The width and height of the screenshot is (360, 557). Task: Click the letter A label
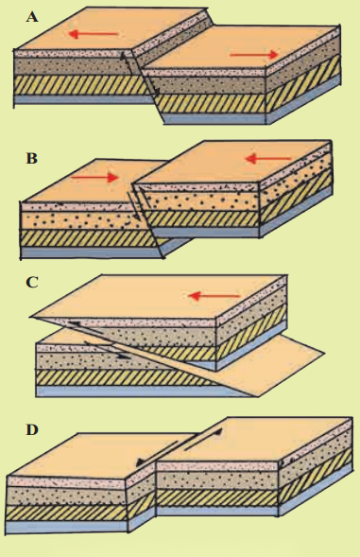coord(32,17)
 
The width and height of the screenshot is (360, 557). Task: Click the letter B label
coord(31,158)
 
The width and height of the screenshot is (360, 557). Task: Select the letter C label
coord(32,283)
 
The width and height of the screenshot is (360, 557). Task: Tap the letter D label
coord(32,430)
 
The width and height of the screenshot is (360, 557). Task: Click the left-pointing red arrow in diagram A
coord(93,34)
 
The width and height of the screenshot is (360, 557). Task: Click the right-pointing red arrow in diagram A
coord(254,55)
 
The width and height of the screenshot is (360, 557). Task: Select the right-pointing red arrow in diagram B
coord(94,177)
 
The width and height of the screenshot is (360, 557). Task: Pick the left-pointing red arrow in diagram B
coord(268,159)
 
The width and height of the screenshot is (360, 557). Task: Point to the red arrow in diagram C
coord(214,296)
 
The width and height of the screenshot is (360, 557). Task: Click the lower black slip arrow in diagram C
coord(107,350)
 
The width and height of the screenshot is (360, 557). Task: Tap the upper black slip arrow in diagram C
coord(91,328)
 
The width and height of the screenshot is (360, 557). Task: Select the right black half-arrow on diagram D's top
coord(204,440)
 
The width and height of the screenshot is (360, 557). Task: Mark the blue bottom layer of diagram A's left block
coord(82,99)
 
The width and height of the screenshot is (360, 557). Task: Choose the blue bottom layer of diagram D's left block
coord(67,527)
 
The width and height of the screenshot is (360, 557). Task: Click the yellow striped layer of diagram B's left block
coord(89,238)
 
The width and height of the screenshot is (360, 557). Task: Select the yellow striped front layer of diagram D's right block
coord(217,497)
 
